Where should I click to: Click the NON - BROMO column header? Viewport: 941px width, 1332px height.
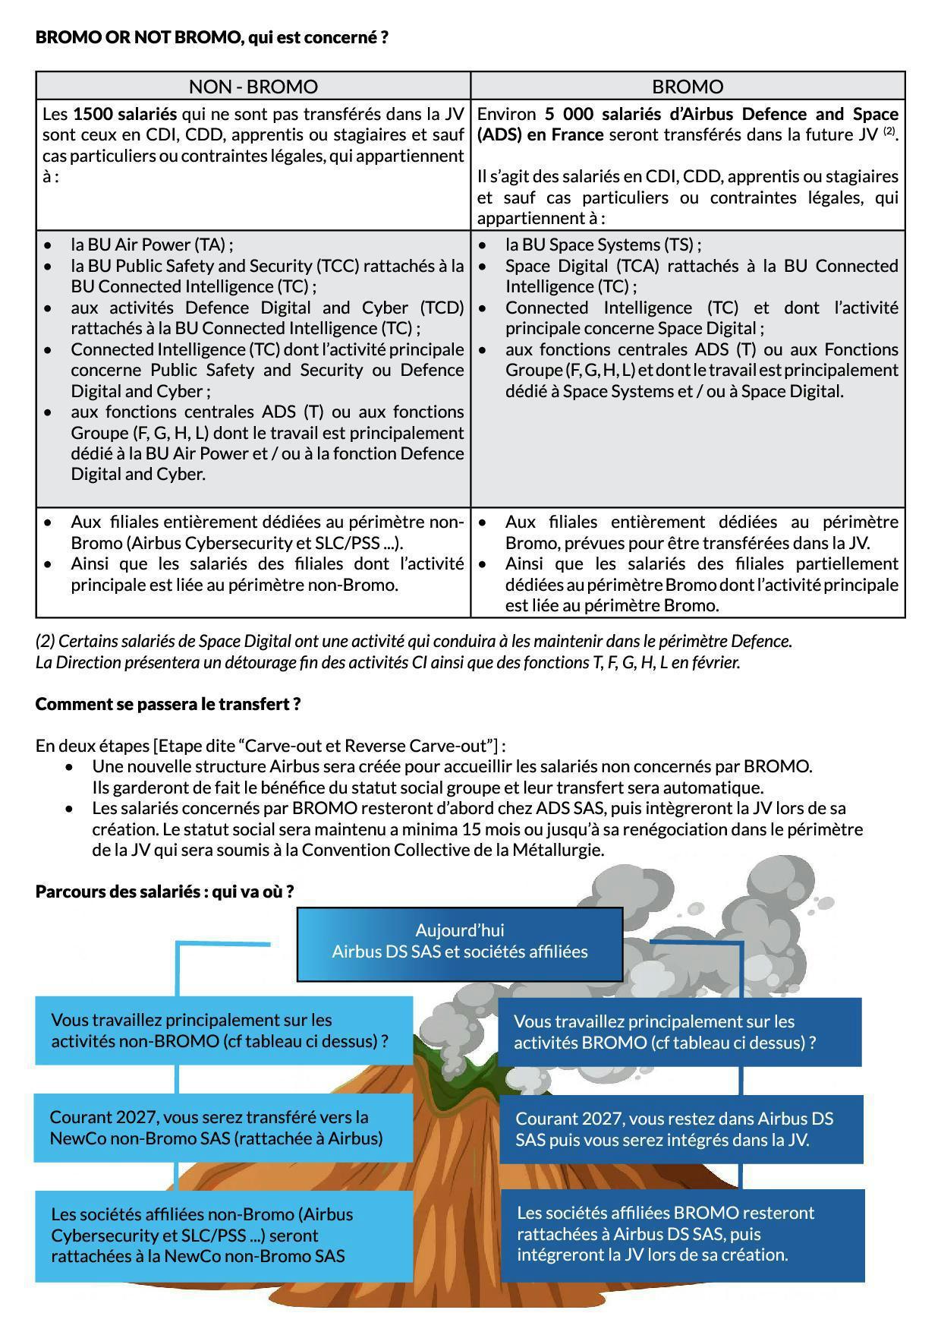253,87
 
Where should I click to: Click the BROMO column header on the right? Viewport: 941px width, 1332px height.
688,87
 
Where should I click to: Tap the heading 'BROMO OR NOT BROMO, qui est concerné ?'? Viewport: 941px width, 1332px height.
212,37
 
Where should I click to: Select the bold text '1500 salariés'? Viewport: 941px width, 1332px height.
124,114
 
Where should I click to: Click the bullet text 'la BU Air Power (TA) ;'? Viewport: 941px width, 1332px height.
152,245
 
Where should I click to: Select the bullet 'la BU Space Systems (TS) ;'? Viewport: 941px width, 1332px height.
603,245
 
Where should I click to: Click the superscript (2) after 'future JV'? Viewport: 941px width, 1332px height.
889,131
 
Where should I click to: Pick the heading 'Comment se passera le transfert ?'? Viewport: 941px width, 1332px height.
168,703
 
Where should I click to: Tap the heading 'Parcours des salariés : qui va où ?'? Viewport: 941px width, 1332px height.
165,891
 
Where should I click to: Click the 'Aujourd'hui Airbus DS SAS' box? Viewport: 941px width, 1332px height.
459,942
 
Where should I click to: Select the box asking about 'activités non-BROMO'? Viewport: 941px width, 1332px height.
224,1031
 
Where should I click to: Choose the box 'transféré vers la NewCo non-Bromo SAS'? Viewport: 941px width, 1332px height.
223,1128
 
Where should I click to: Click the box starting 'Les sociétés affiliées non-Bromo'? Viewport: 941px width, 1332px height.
223,1235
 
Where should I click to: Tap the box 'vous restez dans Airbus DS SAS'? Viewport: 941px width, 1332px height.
681,1129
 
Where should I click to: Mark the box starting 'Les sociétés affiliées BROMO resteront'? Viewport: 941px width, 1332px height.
681,1234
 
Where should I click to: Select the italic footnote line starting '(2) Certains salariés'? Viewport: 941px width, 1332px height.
414,641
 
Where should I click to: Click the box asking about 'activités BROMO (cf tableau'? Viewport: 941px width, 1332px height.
679,1032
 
